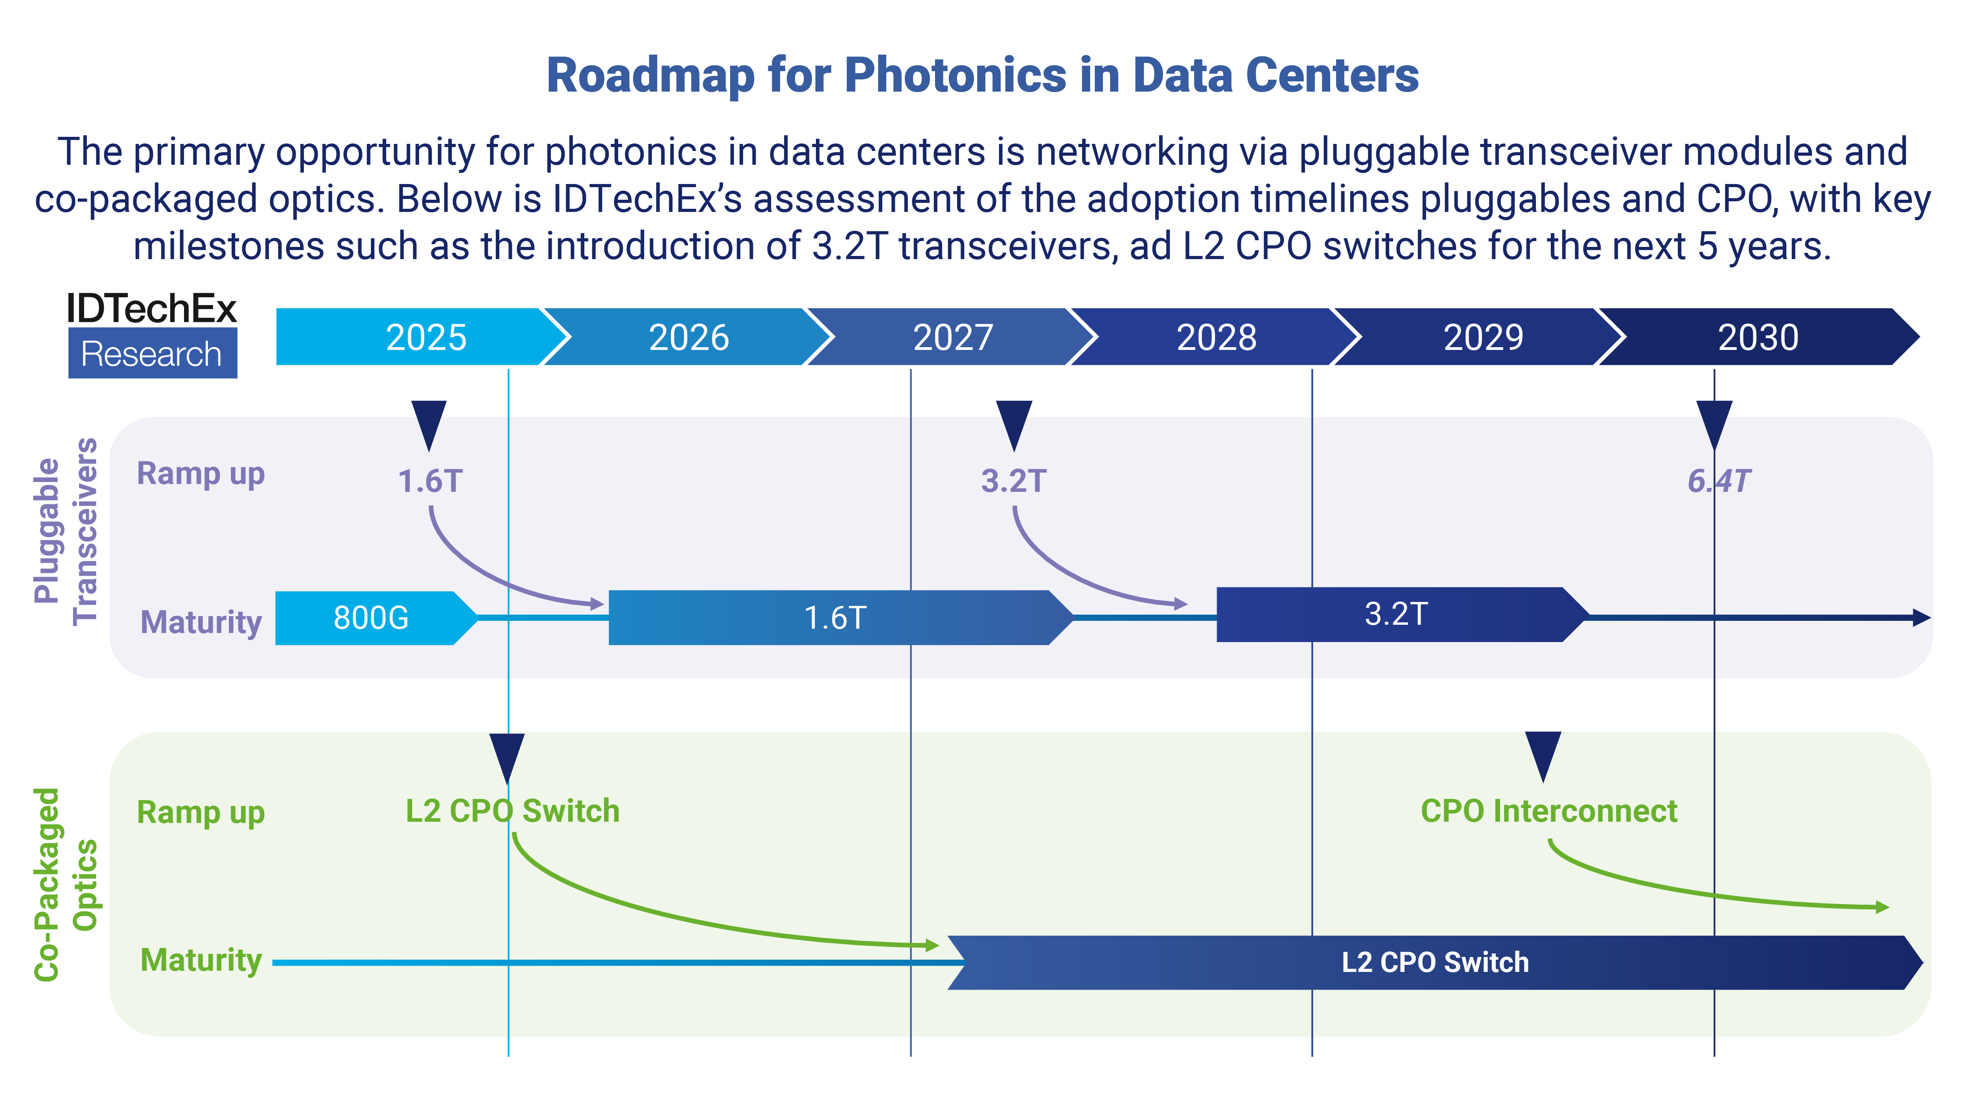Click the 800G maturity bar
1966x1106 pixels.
(x=372, y=618)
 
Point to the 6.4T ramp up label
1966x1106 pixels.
(x=1719, y=481)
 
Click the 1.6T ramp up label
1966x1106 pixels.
(x=431, y=481)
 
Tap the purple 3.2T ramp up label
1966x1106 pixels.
(x=1014, y=481)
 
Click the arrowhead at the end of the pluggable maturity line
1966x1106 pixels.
(x=1922, y=618)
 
